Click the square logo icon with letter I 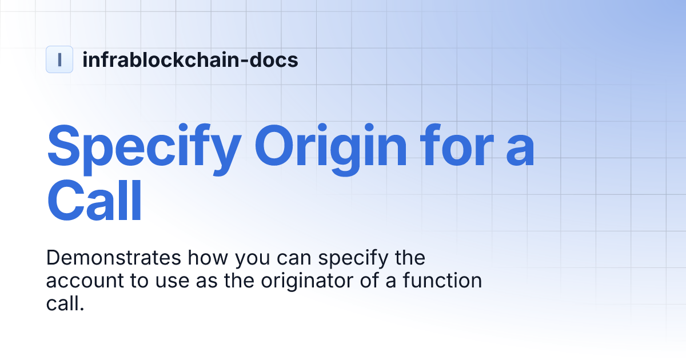coord(59,59)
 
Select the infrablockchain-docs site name coord(190,59)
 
